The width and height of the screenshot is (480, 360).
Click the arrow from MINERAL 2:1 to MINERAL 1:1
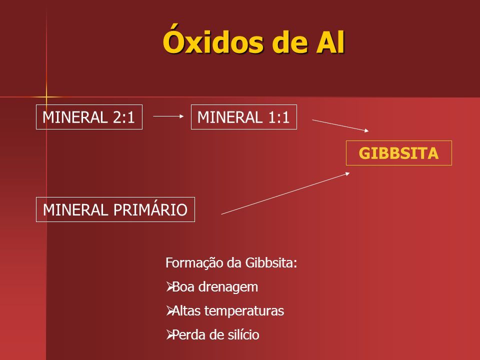click(x=168, y=116)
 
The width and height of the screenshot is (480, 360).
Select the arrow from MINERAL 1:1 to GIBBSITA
click(x=340, y=125)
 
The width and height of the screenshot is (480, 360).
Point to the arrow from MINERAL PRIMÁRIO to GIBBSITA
click(x=285, y=193)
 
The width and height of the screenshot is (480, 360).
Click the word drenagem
click(x=228, y=287)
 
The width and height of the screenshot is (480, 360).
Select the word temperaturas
click(x=244, y=311)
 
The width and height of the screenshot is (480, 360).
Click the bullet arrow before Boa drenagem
click(x=169, y=287)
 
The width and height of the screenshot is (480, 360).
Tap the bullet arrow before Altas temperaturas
click(x=169, y=310)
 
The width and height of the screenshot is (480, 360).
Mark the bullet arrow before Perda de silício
click(x=169, y=334)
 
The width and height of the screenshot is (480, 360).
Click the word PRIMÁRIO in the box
click(x=150, y=209)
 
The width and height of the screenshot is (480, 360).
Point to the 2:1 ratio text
click(x=123, y=117)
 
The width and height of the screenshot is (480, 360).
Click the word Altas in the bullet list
click(x=186, y=310)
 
